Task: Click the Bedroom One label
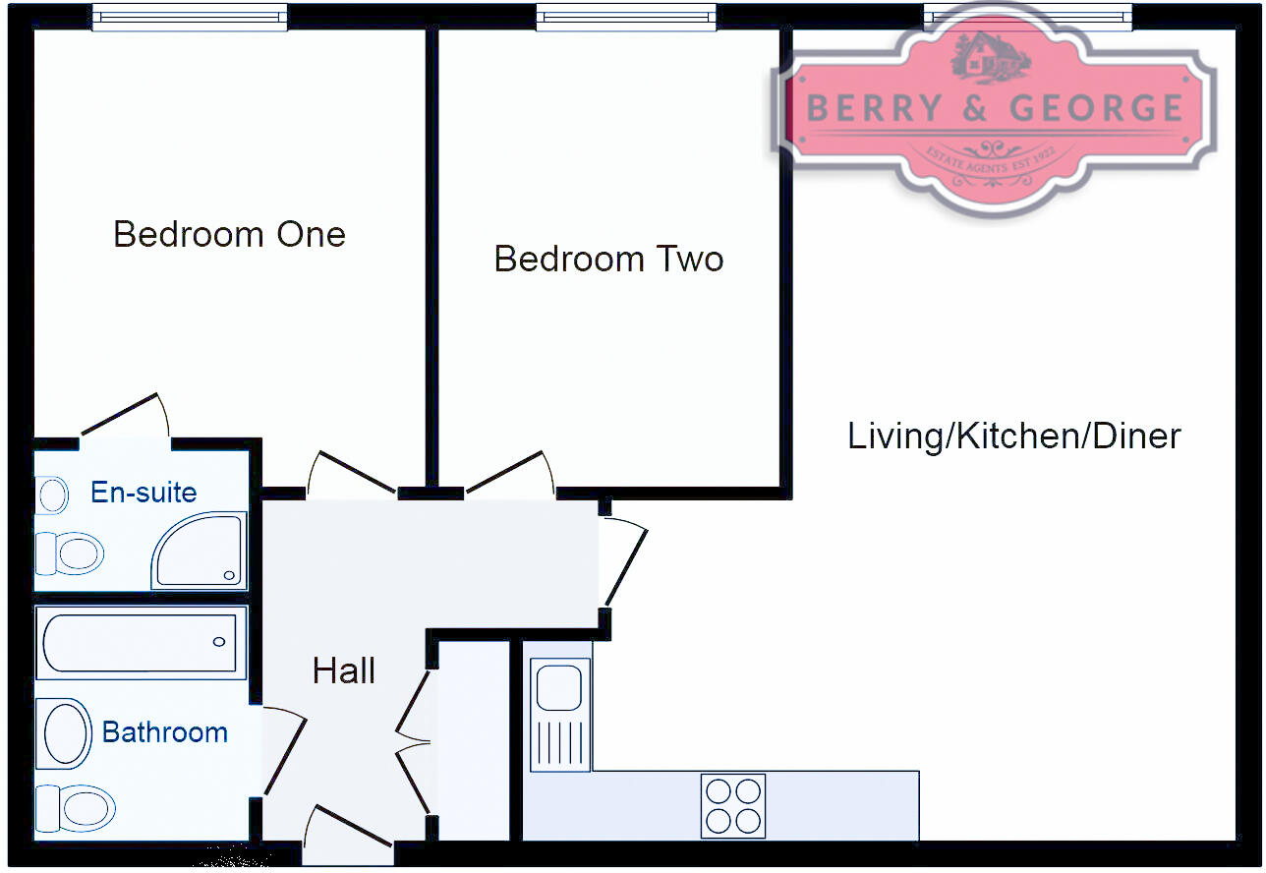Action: click(x=229, y=235)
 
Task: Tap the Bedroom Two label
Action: click(x=608, y=259)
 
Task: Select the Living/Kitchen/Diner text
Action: click(x=1013, y=436)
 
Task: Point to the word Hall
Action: click(x=343, y=671)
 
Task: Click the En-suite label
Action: click(x=144, y=492)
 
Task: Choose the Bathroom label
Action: click(x=164, y=732)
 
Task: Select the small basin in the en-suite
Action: click(x=52, y=495)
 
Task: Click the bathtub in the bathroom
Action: click(x=140, y=642)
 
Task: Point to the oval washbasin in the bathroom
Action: click(x=64, y=733)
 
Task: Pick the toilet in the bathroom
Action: click(x=75, y=809)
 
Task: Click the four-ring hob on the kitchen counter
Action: click(x=732, y=806)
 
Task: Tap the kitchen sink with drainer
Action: click(x=560, y=714)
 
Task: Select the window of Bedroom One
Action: click(x=190, y=17)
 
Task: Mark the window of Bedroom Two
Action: click(x=626, y=17)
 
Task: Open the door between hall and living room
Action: click(x=625, y=565)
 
